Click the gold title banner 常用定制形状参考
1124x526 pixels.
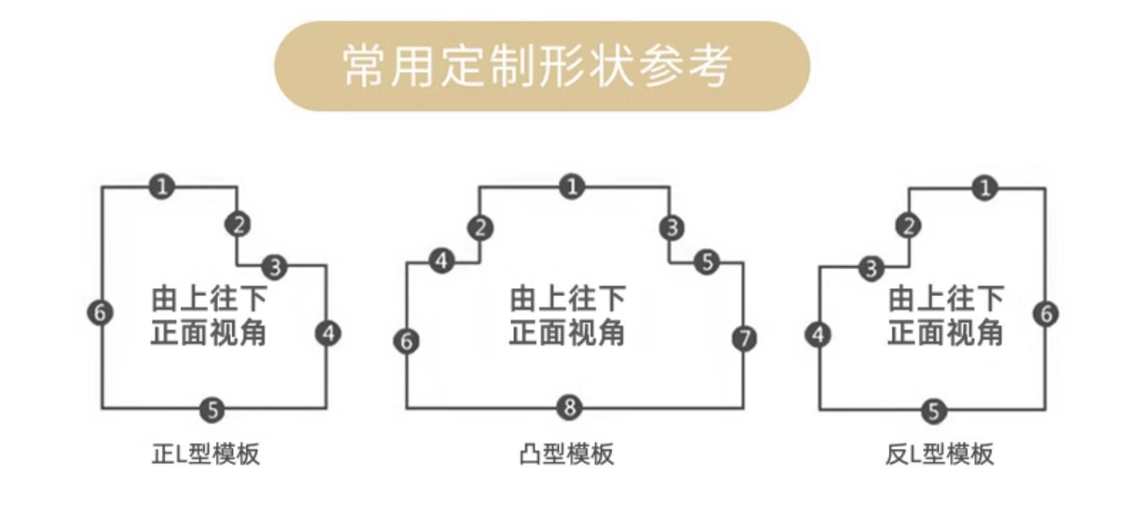542,66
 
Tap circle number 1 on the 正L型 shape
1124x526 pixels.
161,187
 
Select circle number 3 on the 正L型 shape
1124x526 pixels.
275,266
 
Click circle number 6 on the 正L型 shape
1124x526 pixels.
100,312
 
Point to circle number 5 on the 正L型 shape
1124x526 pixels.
213,410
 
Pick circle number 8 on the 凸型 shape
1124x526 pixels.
570,408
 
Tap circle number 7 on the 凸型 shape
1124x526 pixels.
744,339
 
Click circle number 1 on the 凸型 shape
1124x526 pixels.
572,187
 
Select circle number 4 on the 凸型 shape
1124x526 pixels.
442,262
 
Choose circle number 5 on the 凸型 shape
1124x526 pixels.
707,262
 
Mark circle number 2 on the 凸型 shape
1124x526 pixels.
480,228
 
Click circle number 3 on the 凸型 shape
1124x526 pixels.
672,227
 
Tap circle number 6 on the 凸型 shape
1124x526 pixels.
406,342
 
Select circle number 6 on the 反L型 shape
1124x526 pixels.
1046,313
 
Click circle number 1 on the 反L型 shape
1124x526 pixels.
985,187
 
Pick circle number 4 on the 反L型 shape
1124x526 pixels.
818,334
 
